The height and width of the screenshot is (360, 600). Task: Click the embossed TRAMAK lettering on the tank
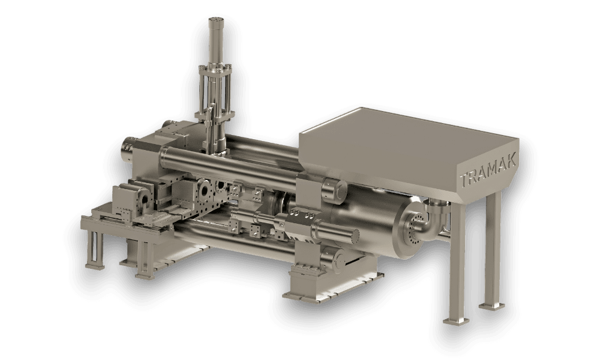tap(488, 169)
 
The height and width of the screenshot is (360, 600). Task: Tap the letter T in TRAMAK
tap(464, 180)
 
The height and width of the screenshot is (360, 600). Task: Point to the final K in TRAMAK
tap(512, 159)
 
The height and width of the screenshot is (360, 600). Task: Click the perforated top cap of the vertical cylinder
tap(215, 20)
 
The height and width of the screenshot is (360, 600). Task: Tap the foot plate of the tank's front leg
tap(456, 320)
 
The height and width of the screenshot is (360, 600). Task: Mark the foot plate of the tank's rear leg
tap(492, 306)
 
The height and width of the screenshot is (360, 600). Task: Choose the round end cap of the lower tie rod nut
tap(339, 261)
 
